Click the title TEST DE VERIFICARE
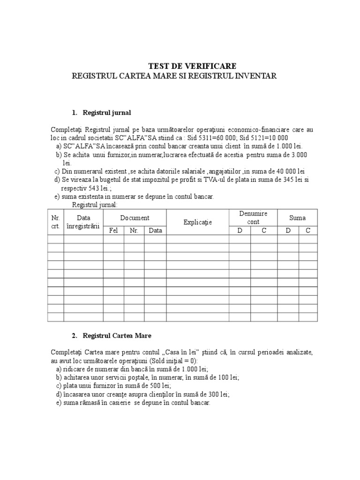pyautogui.click(x=192, y=66)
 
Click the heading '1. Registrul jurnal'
pyautogui.click(x=102, y=112)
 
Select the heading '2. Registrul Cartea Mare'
pyautogui.click(x=112, y=336)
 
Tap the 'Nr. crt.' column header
pyautogui.click(x=55, y=222)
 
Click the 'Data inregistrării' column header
pyautogui.click(x=83, y=222)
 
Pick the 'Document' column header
pyautogui.click(x=135, y=217)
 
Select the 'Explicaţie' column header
pyautogui.click(x=197, y=222)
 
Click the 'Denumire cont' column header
pyautogui.click(x=253, y=217)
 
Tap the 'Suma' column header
pyautogui.click(x=297, y=217)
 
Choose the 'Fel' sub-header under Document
pyautogui.click(x=113, y=230)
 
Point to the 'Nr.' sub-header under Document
pyautogui.click(x=134, y=230)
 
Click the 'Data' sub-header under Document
pyautogui.click(x=155, y=230)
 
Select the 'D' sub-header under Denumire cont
pyautogui.click(x=240, y=230)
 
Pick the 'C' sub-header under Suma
pyautogui.click(x=308, y=230)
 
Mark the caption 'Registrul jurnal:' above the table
pyautogui.click(x=95, y=205)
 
